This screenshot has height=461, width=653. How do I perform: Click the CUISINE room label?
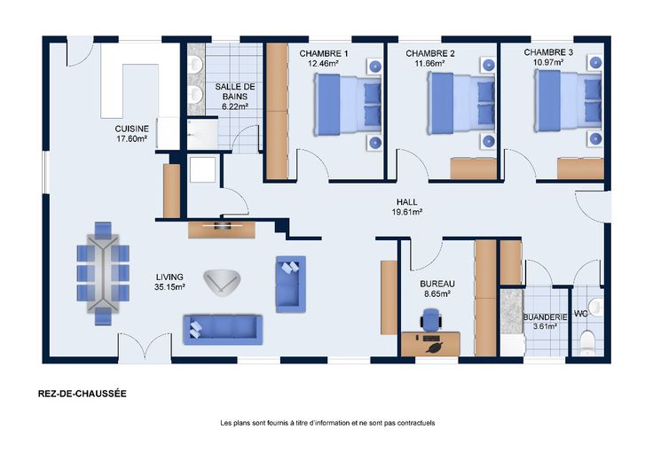(x=131, y=129)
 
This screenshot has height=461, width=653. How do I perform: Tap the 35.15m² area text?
(x=169, y=286)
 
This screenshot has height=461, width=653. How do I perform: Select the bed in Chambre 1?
(x=348, y=104)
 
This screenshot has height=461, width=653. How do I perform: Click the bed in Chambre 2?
(x=461, y=103)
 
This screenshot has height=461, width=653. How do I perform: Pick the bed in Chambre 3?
(x=568, y=101)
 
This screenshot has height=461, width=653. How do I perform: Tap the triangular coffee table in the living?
(x=223, y=283)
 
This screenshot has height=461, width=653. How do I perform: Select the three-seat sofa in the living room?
(x=223, y=330)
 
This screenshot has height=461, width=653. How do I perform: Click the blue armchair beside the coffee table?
(x=291, y=285)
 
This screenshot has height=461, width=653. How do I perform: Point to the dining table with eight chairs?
(x=103, y=273)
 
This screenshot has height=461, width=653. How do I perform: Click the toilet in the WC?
(x=587, y=343)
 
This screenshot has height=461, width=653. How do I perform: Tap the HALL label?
(x=407, y=202)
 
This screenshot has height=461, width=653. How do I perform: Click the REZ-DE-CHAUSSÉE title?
(x=82, y=394)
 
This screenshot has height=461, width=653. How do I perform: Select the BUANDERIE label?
(x=545, y=317)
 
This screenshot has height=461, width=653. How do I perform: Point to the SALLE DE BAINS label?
(x=235, y=91)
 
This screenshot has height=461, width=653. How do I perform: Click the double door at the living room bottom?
(x=146, y=347)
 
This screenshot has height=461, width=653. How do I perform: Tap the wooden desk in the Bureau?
(x=430, y=344)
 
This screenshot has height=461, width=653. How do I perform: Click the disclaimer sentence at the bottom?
(x=327, y=423)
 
